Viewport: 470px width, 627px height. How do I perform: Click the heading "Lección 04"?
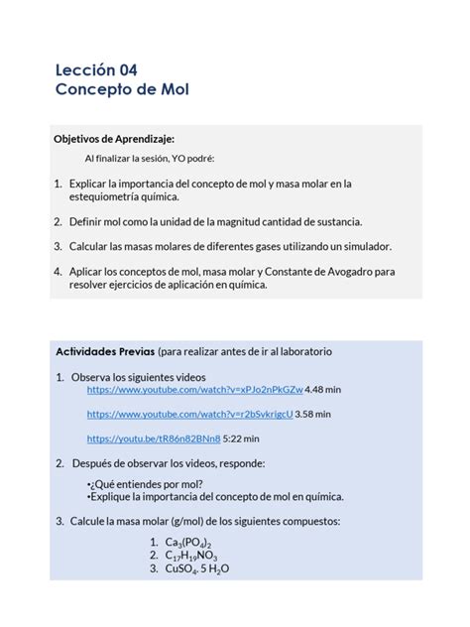[x=96, y=69]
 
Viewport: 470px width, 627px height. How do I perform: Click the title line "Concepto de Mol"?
[x=122, y=90]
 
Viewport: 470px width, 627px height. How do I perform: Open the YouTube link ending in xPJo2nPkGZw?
[x=195, y=391]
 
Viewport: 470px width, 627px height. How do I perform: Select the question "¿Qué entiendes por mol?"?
[x=144, y=483]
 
